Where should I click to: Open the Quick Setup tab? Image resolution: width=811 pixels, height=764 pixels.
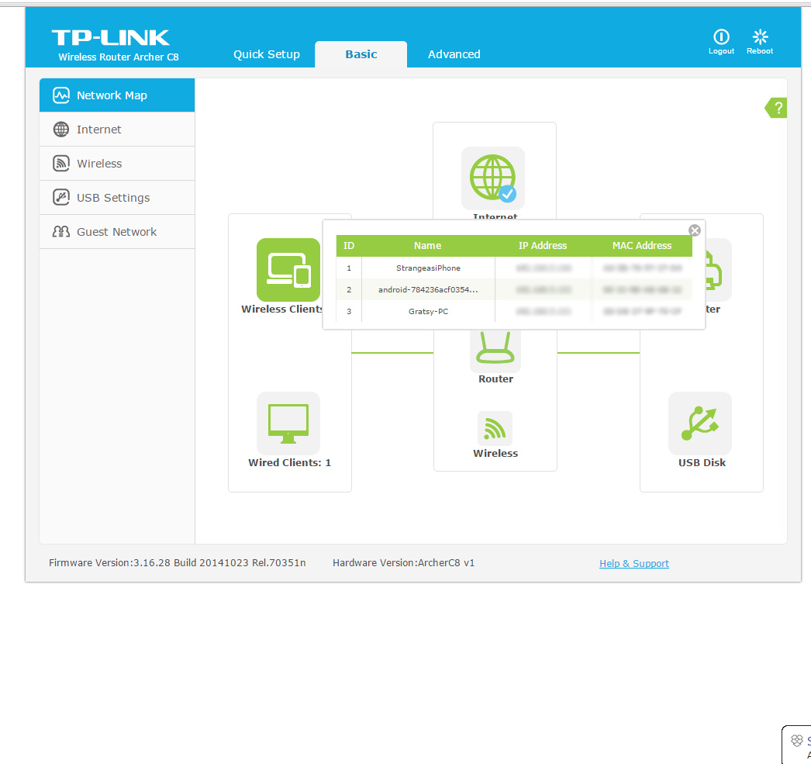(267, 54)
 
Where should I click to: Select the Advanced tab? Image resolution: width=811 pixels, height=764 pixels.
(454, 54)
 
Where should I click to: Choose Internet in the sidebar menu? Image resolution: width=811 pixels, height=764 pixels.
(98, 130)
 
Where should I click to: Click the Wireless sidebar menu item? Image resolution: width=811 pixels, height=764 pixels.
(99, 164)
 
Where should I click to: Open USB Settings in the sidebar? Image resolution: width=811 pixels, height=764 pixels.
(113, 198)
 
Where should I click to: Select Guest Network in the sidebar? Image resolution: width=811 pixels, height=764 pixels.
(116, 232)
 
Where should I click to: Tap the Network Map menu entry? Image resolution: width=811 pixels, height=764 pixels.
(112, 95)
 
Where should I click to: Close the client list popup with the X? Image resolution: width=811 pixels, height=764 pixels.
(695, 230)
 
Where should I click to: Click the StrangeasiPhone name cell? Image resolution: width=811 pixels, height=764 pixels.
(428, 268)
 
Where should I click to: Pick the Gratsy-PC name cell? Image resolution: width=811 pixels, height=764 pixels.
(428, 312)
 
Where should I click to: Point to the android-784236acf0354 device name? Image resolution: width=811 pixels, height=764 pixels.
(428, 290)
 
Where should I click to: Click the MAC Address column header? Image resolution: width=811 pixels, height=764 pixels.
(642, 246)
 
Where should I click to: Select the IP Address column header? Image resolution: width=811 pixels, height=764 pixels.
(543, 246)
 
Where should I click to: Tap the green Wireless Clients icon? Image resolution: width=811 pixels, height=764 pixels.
(288, 270)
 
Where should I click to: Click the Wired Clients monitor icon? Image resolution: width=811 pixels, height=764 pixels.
(288, 423)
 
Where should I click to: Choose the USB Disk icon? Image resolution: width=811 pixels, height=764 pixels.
(700, 423)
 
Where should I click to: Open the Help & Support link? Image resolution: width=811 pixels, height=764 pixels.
(634, 564)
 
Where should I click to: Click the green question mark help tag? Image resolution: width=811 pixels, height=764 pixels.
(777, 108)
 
